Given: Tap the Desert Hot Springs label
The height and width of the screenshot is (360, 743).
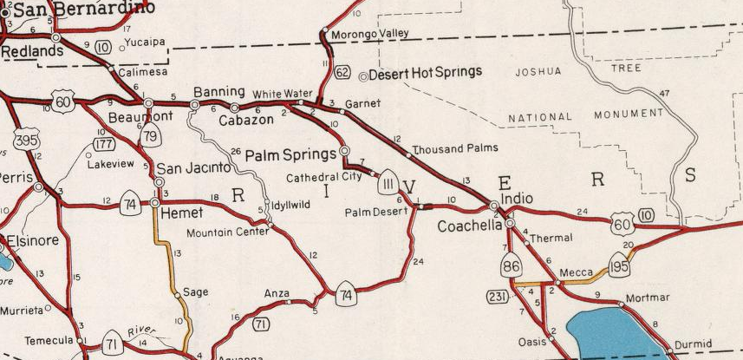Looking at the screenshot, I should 426,75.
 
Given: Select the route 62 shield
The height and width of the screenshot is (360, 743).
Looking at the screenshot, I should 342,72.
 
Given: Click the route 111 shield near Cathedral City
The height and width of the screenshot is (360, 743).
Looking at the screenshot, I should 388,183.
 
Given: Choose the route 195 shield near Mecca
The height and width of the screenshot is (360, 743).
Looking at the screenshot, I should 619,264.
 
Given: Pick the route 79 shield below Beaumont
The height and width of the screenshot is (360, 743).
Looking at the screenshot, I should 150,135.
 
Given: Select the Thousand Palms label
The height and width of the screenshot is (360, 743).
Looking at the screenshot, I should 455,148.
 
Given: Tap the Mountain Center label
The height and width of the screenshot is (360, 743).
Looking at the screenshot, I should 227,232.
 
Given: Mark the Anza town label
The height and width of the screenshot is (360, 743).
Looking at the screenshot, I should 277,293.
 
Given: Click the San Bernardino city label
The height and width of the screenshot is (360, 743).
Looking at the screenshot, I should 82,8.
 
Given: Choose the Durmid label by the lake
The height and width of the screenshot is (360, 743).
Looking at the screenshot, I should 693,344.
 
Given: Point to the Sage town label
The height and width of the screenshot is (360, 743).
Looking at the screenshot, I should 195,292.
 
